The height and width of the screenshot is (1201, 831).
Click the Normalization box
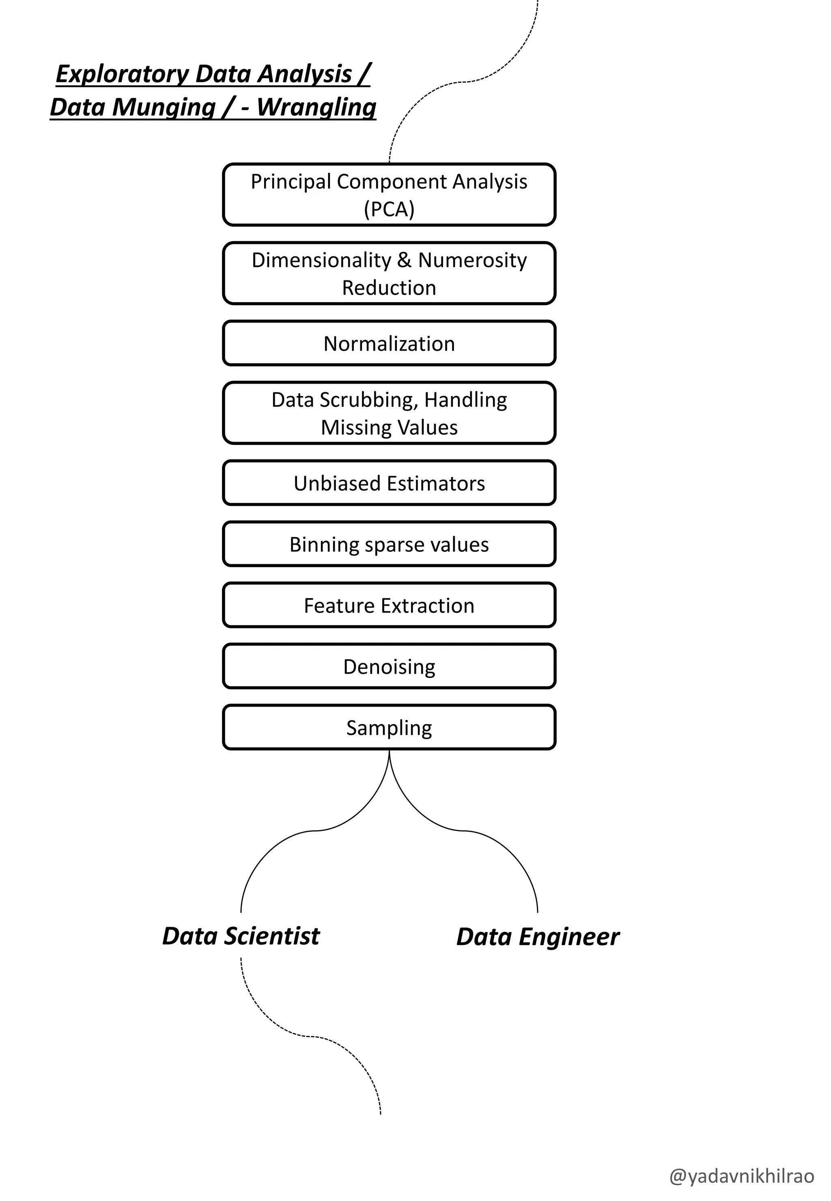(x=389, y=344)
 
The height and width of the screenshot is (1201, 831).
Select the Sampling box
(x=389, y=728)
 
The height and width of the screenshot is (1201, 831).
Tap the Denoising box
(x=389, y=666)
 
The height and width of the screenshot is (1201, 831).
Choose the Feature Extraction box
(x=389, y=606)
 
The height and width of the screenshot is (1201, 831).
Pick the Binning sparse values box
(x=389, y=544)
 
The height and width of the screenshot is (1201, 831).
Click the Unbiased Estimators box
(x=389, y=483)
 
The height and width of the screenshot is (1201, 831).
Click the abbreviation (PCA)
(x=389, y=209)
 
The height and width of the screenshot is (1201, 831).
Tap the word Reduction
(x=389, y=288)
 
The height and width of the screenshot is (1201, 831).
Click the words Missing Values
(x=389, y=427)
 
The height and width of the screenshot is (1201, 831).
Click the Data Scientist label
(x=241, y=936)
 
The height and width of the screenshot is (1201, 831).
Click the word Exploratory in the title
(x=123, y=74)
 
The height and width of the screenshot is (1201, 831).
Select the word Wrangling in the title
(x=316, y=107)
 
